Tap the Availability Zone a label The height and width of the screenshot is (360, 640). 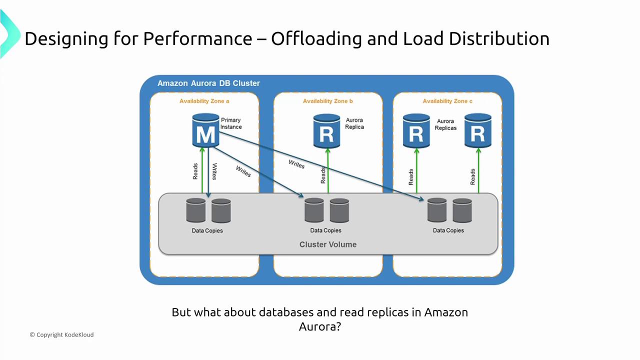[204, 101]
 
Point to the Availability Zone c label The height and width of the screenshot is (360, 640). [447, 101]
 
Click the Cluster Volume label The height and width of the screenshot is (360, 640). [327, 244]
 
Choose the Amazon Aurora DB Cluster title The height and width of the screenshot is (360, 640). [208, 83]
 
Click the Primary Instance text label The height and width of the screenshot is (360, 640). [231, 123]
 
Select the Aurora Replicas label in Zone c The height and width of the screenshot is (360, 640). [446, 124]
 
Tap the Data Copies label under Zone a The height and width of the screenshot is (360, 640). [207, 230]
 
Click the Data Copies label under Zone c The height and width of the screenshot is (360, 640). [448, 230]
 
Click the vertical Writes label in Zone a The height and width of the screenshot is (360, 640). [214, 171]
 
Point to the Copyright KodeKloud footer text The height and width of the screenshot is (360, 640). [61, 334]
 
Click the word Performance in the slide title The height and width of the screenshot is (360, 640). [197, 38]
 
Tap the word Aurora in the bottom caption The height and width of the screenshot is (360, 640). [316, 326]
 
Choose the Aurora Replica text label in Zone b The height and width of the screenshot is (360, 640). [354, 123]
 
